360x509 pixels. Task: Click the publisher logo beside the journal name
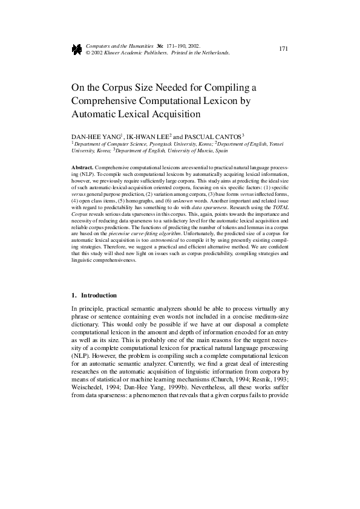click(77, 50)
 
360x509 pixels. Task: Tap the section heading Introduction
click(99, 295)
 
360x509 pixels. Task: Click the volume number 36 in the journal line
click(159, 46)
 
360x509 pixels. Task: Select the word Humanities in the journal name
click(135, 46)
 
